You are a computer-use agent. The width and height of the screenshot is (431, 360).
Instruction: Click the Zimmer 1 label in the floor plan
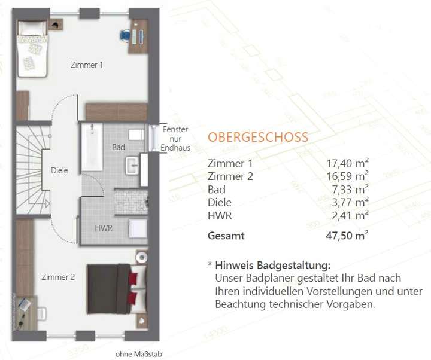coord(87,65)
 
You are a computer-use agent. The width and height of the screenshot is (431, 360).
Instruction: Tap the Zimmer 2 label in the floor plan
coord(58,277)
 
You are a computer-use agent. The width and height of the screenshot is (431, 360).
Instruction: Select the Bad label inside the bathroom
coord(118,146)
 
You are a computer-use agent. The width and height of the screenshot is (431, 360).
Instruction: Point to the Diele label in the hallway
coord(59,170)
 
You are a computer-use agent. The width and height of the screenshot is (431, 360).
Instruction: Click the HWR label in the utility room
coord(104,228)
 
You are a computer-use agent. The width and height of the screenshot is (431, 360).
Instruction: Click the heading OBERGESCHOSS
coord(258,137)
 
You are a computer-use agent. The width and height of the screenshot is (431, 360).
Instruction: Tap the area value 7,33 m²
coord(348,189)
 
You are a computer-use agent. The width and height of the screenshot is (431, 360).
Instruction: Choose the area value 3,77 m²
coord(348,202)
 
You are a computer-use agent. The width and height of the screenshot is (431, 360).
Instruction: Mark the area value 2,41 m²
coord(348,215)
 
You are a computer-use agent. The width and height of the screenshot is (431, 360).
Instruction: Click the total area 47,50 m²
coord(345,236)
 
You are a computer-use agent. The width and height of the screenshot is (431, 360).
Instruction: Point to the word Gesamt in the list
coord(226,236)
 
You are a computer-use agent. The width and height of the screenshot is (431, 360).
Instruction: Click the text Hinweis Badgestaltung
coord(272,265)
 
